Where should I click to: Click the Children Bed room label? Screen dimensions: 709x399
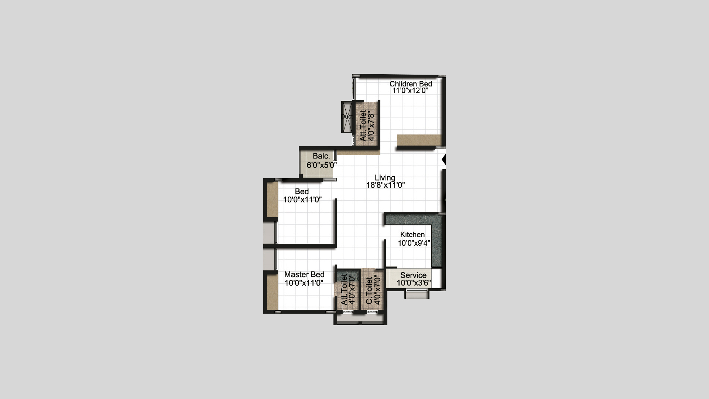(x=411, y=84)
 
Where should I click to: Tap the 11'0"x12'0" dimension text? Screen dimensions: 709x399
(x=410, y=91)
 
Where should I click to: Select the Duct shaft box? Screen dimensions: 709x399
(x=347, y=116)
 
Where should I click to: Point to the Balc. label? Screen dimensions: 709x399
(x=321, y=156)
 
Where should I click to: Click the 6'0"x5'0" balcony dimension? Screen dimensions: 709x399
(x=322, y=165)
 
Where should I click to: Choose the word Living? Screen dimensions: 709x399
(x=385, y=178)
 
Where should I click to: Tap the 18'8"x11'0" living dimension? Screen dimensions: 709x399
(x=386, y=185)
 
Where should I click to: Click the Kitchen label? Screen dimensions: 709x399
(x=412, y=235)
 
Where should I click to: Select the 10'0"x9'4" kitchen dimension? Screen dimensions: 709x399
(x=414, y=243)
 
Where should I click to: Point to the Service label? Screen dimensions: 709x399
(x=413, y=275)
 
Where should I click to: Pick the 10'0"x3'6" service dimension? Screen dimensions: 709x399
(x=414, y=283)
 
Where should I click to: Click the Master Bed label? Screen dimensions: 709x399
(x=304, y=274)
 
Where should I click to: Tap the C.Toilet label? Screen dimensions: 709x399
(x=369, y=291)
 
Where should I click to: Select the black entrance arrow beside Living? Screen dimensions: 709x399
(x=444, y=160)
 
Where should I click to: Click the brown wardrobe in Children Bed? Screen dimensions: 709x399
(x=419, y=140)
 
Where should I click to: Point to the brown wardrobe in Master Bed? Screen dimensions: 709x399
(x=273, y=292)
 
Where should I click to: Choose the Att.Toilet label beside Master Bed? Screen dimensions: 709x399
(x=344, y=289)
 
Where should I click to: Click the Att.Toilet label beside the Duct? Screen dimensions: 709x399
(x=363, y=126)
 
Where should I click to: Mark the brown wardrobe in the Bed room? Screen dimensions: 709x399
(x=272, y=199)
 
